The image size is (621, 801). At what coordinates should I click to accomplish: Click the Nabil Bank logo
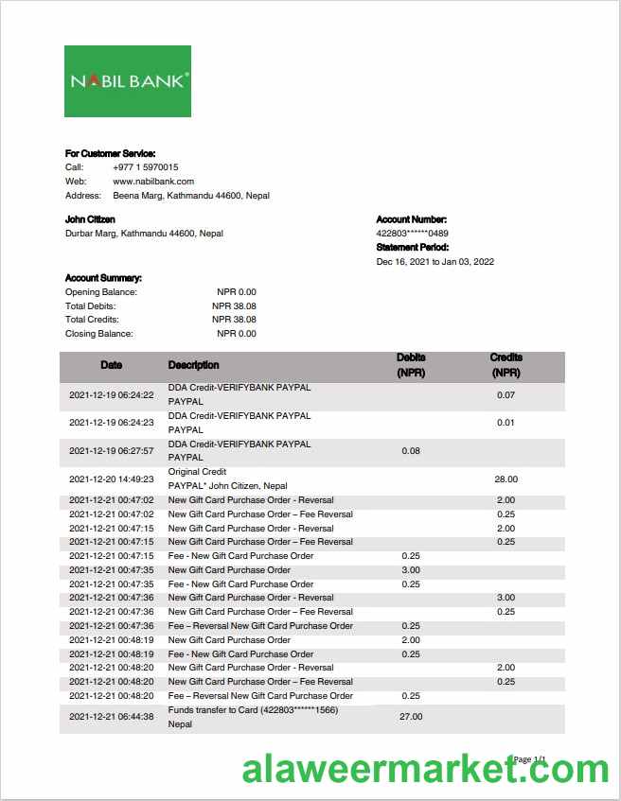click(128, 81)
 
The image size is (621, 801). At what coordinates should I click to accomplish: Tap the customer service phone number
click(145, 167)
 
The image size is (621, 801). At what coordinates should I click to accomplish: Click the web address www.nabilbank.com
click(153, 182)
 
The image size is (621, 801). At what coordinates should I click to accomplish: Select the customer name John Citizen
click(90, 219)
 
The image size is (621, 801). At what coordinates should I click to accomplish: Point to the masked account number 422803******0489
click(412, 234)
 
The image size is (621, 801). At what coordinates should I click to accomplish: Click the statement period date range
click(435, 262)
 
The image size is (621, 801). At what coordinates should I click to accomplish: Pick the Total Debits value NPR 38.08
click(234, 306)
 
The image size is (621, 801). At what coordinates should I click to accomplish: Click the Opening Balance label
click(101, 292)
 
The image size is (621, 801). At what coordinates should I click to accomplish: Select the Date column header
click(112, 365)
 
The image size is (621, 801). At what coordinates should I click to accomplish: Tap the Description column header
click(193, 365)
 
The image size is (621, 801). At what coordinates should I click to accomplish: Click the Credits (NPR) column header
click(506, 365)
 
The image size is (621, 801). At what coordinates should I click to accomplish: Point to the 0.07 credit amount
click(506, 395)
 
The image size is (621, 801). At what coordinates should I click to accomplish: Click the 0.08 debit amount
click(411, 451)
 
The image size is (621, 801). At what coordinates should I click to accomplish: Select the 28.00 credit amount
click(506, 479)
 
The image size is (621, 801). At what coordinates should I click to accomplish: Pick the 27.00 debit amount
click(411, 717)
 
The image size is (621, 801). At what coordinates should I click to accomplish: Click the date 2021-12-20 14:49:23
click(112, 479)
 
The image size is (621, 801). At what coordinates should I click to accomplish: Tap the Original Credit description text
click(197, 472)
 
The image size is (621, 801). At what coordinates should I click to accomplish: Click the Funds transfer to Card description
click(253, 710)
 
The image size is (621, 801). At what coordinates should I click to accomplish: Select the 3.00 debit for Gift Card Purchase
click(411, 570)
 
